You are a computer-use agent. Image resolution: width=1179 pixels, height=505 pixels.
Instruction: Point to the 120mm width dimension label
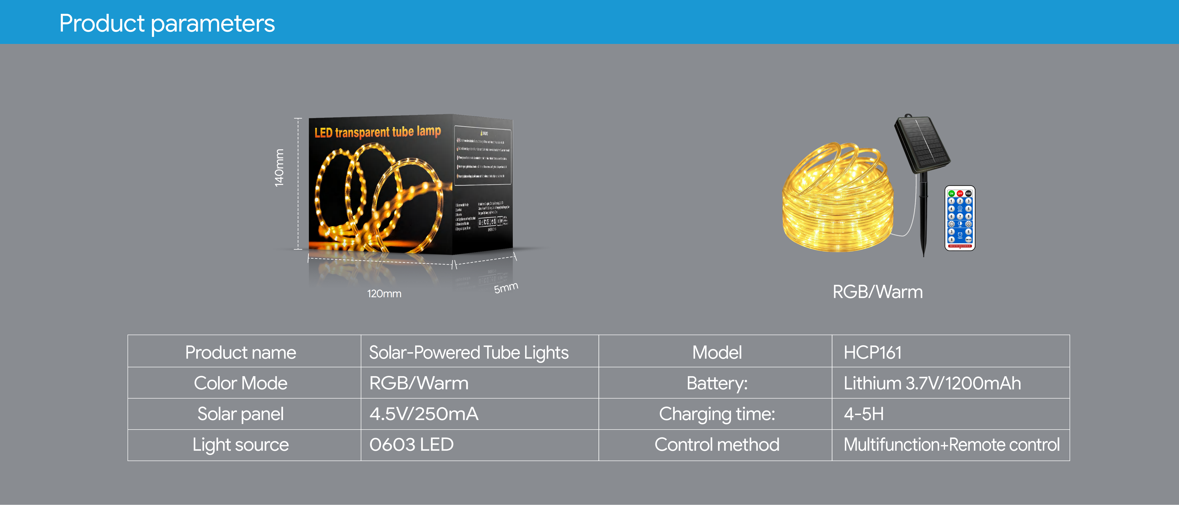click(x=384, y=294)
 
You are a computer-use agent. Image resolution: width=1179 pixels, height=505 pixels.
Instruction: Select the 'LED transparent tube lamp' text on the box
click(x=378, y=132)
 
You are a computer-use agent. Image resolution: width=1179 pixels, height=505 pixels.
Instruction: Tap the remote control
click(x=960, y=218)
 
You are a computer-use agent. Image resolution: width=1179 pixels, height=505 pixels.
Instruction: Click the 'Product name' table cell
click(x=241, y=352)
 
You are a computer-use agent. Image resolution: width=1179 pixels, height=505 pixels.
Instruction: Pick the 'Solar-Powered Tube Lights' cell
click(x=469, y=352)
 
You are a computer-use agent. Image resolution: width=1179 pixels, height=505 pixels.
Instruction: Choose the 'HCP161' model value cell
click(x=872, y=352)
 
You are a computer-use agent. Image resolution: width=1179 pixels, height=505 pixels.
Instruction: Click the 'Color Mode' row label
click(x=241, y=383)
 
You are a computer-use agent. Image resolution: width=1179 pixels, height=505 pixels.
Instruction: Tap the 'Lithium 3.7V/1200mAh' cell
click(x=932, y=383)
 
